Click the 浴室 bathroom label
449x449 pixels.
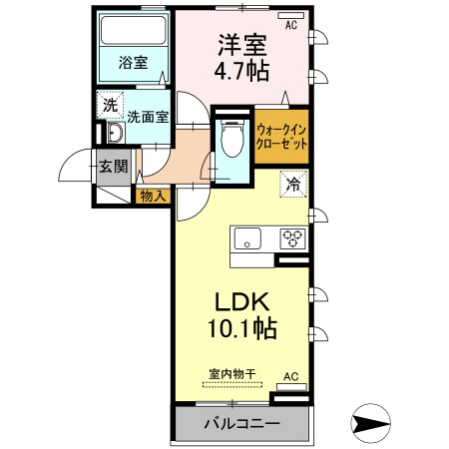133,62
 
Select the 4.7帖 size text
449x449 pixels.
241,73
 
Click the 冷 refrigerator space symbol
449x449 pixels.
293,184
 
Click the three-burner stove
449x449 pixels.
293,237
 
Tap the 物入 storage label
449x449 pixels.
152,196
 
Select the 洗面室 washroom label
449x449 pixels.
147,115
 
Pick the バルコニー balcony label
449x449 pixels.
240,423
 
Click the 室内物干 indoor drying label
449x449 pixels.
231,374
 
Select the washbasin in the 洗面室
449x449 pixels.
113,136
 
